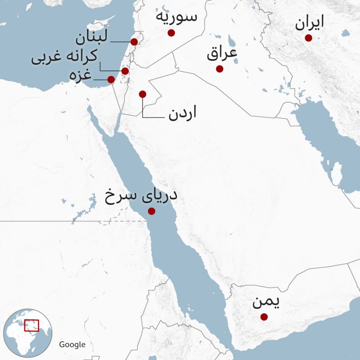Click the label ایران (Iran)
(310, 24)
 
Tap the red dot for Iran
(308, 38)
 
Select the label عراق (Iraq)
(222, 55)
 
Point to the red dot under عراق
(220, 69)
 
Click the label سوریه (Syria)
(176, 17)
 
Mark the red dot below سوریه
(171, 33)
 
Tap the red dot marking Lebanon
(134, 42)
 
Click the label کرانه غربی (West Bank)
(63, 58)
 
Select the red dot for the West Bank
(125, 71)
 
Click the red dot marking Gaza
(111, 80)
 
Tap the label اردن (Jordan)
(183, 114)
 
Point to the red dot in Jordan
(143, 94)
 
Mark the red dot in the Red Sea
(152, 211)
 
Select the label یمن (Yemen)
(265, 303)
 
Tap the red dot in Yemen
(264, 317)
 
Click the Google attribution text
(72, 344)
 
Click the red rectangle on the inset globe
(31, 325)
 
